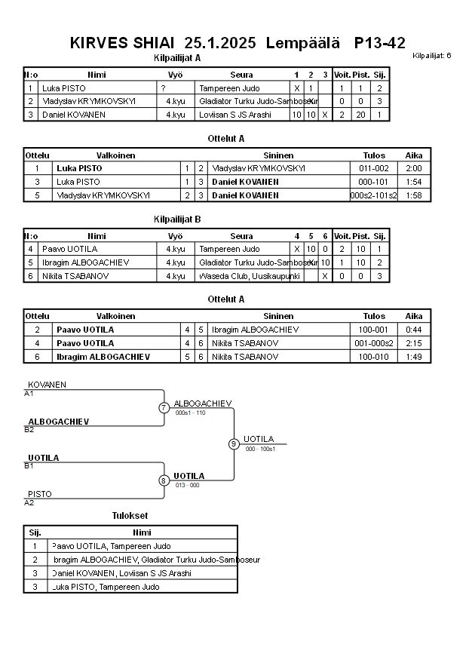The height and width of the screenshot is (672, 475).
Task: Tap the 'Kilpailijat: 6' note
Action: (x=432, y=56)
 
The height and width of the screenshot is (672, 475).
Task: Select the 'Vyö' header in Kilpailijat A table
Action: (x=175, y=75)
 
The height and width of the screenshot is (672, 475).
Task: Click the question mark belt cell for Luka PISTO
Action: (x=163, y=88)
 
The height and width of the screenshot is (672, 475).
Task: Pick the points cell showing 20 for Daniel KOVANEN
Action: (x=361, y=115)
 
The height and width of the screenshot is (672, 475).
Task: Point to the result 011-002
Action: (x=374, y=168)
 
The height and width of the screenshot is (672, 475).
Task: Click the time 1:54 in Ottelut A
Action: (x=414, y=182)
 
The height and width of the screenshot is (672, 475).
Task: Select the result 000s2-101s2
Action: (x=374, y=195)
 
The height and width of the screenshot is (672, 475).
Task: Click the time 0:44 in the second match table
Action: (x=414, y=330)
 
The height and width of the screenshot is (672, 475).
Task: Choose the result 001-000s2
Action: (x=374, y=343)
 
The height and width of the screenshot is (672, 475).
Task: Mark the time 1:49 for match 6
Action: (x=414, y=357)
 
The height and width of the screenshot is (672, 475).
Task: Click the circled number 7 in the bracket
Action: (x=164, y=408)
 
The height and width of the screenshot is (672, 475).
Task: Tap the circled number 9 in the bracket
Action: (x=234, y=443)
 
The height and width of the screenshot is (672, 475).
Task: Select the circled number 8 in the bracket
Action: (x=164, y=480)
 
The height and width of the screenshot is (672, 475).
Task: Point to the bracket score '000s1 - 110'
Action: (x=190, y=413)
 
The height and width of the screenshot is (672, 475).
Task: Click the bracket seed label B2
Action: (x=29, y=429)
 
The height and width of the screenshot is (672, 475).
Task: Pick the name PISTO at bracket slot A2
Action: (x=40, y=494)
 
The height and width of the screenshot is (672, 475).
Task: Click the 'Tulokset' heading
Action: (x=130, y=516)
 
